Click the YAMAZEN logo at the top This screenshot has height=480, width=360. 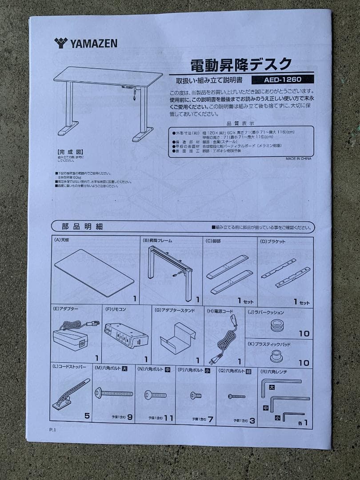[86, 43]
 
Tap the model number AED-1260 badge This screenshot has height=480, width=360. [282, 80]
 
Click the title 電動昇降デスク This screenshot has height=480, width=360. [241, 65]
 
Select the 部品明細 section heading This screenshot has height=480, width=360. [82, 227]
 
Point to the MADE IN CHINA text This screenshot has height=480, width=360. [298, 158]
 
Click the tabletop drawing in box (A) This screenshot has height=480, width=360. [94, 272]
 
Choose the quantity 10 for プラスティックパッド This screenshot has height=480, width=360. [304, 363]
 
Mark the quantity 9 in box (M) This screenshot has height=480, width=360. [130, 417]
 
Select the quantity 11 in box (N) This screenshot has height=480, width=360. [168, 418]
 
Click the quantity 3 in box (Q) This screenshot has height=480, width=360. [252, 420]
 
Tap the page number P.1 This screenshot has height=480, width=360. [53, 429]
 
